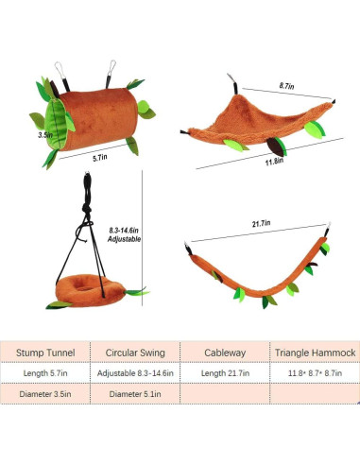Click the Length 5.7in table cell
pos(46,373)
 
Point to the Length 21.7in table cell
pos(225,373)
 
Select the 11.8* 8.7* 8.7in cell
pos(315,373)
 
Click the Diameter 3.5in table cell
pos(46,394)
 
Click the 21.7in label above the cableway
pos(261,223)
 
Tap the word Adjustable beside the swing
pos(126,240)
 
